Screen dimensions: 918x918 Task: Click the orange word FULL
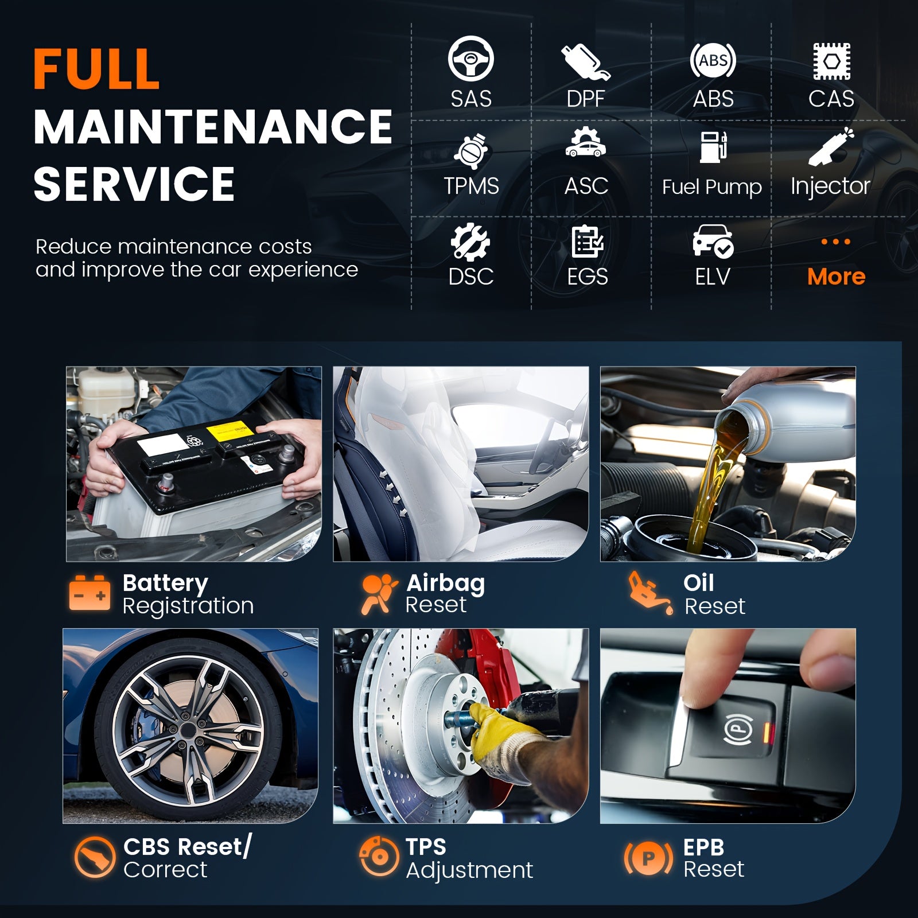point(96,69)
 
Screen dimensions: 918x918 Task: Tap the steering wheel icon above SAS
point(470,58)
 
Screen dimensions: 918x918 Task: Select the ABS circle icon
point(713,60)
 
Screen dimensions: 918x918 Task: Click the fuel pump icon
point(714,147)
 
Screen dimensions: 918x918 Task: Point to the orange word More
point(836,277)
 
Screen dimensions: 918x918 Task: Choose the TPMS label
point(471,186)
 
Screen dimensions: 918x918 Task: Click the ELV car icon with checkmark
point(713,241)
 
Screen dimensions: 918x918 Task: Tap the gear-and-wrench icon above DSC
point(470,242)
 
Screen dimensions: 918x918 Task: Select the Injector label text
point(830,186)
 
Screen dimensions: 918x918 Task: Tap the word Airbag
point(445,584)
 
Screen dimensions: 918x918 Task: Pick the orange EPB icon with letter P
point(648,859)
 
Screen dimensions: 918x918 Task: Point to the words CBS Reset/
point(187,847)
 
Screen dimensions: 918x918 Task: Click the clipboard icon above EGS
point(587,242)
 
